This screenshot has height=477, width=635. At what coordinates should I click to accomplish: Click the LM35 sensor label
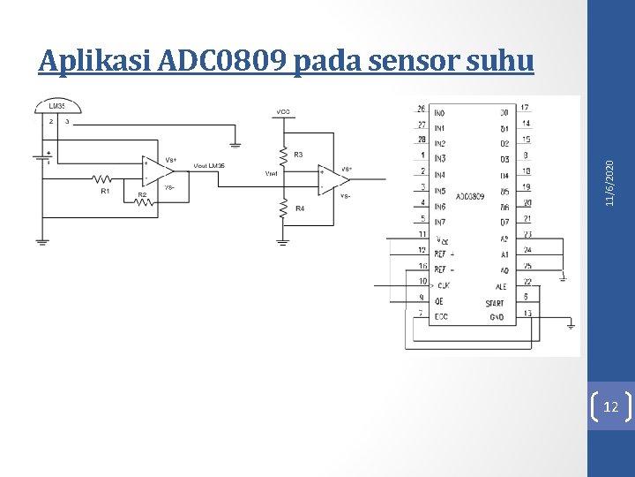pyautogui.click(x=56, y=104)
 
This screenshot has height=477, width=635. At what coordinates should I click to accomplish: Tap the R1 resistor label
pyautogui.click(x=105, y=191)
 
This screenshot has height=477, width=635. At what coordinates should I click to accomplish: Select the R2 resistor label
pyautogui.click(x=141, y=193)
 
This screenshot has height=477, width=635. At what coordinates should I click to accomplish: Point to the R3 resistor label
pyautogui.click(x=297, y=155)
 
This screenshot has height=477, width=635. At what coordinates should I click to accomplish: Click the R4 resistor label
pyautogui.click(x=299, y=208)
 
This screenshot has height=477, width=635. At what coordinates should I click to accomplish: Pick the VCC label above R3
pyautogui.click(x=282, y=112)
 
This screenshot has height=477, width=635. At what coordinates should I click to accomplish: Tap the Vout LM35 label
pyautogui.click(x=208, y=167)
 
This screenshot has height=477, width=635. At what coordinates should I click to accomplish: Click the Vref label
pyautogui.click(x=272, y=174)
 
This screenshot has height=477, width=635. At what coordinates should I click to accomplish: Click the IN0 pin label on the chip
pyautogui.click(x=439, y=113)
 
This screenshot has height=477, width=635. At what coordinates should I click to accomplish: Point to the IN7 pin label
pyautogui.click(x=439, y=222)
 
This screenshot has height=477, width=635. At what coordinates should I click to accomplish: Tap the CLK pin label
pyautogui.click(x=443, y=285)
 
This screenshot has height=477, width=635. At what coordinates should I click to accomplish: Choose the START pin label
pyautogui.click(x=495, y=303)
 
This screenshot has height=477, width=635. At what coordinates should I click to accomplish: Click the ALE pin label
pyautogui.click(x=500, y=286)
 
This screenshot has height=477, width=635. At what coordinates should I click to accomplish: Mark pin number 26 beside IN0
pyautogui.click(x=421, y=109)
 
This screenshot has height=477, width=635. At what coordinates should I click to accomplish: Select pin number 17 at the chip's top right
pyautogui.click(x=526, y=108)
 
